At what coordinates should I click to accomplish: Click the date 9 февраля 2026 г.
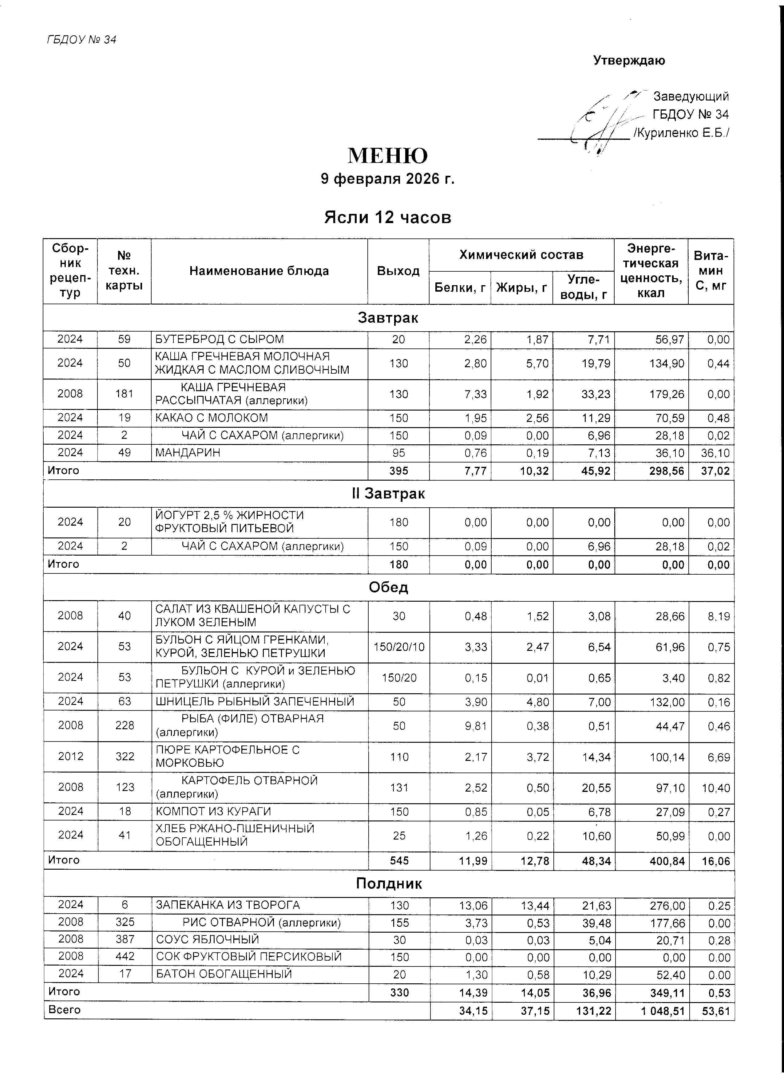point(387,179)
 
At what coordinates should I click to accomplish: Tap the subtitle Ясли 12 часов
point(387,217)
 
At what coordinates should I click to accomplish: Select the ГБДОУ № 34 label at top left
point(81,39)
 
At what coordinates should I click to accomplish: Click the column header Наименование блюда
point(259,271)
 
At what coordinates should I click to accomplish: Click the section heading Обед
point(388,588)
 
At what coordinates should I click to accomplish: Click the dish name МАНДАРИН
point(188,452)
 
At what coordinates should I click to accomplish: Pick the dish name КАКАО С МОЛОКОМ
point(212,418)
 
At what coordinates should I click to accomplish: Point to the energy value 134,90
point(666,364)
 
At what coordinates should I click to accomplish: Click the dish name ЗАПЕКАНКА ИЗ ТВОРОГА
point(228,905)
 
